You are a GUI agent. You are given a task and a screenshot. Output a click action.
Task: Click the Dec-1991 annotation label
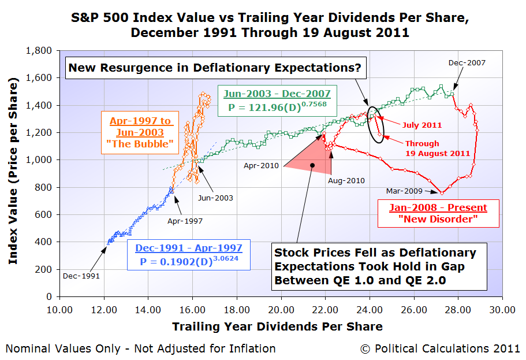81,276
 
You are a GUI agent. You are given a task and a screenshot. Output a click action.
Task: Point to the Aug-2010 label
346,180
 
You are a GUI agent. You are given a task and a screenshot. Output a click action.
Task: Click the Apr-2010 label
262,166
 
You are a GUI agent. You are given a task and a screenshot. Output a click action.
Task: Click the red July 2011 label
423,125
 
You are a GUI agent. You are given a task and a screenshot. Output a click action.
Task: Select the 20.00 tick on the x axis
280,310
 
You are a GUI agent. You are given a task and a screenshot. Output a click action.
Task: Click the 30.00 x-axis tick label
501,310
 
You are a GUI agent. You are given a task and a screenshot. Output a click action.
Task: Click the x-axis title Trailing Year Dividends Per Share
277,326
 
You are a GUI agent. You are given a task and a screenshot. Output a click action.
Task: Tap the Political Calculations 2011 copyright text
440,348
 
